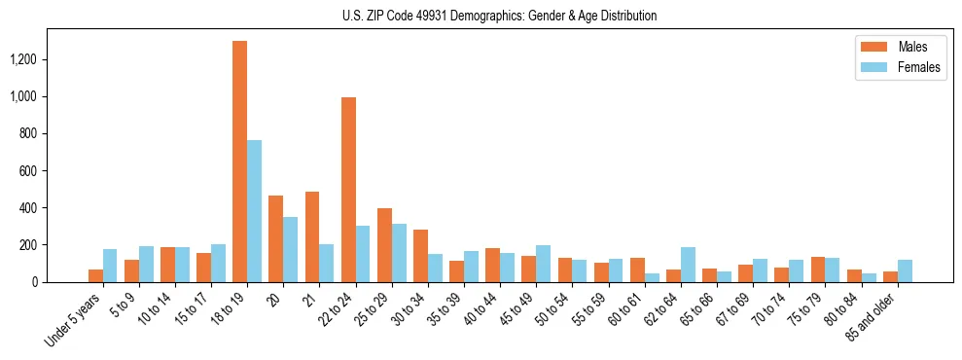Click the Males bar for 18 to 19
pos(239,162)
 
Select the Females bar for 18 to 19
pos(254,211)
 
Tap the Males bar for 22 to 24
pos(348,190)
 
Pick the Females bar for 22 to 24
pos(363,254)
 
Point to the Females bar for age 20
pos(290,249)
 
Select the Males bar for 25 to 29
pos(384,245)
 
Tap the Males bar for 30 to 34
pos(420,256)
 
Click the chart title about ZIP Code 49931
pos(499,16)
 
